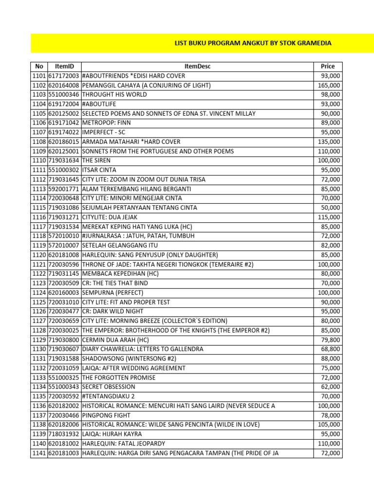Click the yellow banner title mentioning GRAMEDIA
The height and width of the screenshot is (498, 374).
click(253, 43)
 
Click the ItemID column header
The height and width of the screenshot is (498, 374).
click(64, 67)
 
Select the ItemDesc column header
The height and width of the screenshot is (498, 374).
click(197, 67)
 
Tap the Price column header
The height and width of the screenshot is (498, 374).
click(328, 67)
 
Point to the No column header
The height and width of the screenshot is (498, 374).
click(39, 67)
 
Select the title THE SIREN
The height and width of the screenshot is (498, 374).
click(96, 160)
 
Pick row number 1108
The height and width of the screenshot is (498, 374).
click(39, 142)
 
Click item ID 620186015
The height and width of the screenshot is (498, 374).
click(64, 142)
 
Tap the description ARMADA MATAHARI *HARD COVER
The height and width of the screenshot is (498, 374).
click(131, 142)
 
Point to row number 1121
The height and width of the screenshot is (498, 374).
click(39, 265)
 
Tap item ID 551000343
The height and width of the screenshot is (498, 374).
click(64, 387)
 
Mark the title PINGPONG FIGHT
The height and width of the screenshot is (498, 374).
click(106, 415)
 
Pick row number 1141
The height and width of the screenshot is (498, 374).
click(39, 453)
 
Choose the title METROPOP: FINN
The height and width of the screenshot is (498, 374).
click(107, 123)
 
